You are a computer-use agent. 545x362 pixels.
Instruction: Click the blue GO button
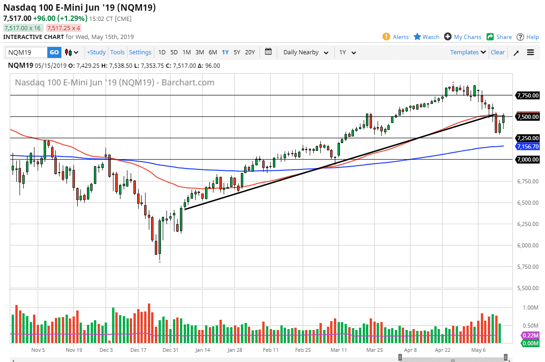click(x=54, y=52)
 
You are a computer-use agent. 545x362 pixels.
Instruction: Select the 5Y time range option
click(x=237, y=52)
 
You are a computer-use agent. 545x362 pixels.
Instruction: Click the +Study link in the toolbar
click(x=96, y=52)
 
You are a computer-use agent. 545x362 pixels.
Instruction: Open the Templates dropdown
click(x=468, y=52)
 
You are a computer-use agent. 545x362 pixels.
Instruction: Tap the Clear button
click(x=498, y=52)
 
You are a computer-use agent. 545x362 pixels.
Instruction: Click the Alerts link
click(x=396, y=37)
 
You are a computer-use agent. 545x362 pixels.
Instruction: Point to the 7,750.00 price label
click(x=527, y=96)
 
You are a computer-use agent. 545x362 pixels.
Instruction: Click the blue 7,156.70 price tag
click(x=527, y=146)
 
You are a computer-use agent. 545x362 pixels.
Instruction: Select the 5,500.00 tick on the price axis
click(x=527, y=288)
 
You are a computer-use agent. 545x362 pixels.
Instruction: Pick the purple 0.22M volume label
click(x=530, y=336)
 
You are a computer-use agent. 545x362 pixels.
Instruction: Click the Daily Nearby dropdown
click(x=306, y=52)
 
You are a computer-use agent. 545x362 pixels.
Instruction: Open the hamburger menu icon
click(x=531, y=52)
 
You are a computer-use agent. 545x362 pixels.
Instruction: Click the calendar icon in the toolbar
click(x=268, y=52)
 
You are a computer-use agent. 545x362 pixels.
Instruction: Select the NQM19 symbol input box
click(x=27, y=52)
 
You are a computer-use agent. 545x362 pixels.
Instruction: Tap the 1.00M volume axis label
click(x=530, y=308)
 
